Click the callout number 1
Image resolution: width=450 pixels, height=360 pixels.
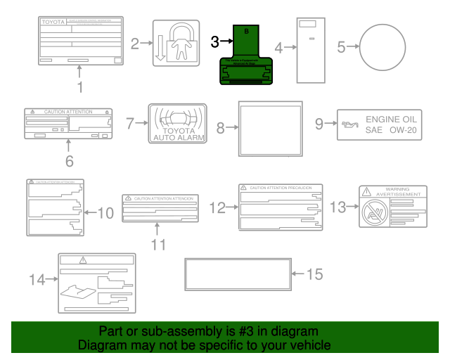79,88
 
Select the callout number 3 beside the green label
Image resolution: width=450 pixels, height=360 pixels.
215,42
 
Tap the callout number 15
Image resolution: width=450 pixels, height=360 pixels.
315,274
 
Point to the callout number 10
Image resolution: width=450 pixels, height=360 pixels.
104,212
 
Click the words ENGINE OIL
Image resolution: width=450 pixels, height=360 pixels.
390,120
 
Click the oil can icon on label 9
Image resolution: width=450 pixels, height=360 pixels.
349,125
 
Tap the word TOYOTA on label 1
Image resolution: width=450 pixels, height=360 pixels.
53,22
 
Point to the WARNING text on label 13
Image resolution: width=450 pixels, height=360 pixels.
397,189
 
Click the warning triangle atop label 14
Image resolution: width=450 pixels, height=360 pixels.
83,260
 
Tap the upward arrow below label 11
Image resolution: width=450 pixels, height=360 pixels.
157,229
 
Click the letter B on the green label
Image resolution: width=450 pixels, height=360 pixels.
246,32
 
